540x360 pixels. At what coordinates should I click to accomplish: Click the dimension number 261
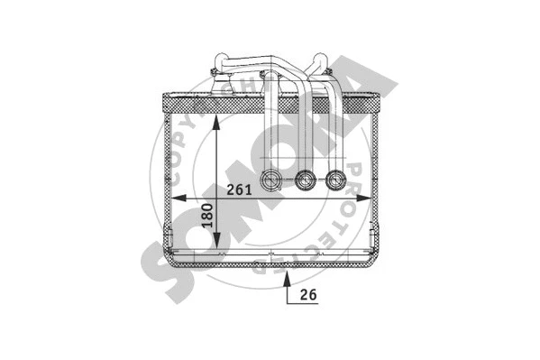[x=239, y=190]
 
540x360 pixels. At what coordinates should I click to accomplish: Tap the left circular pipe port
[x=271, y=181]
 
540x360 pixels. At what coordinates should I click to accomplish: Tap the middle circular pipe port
[x=306, y=181]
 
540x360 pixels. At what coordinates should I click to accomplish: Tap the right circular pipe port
[x=336, y=181]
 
